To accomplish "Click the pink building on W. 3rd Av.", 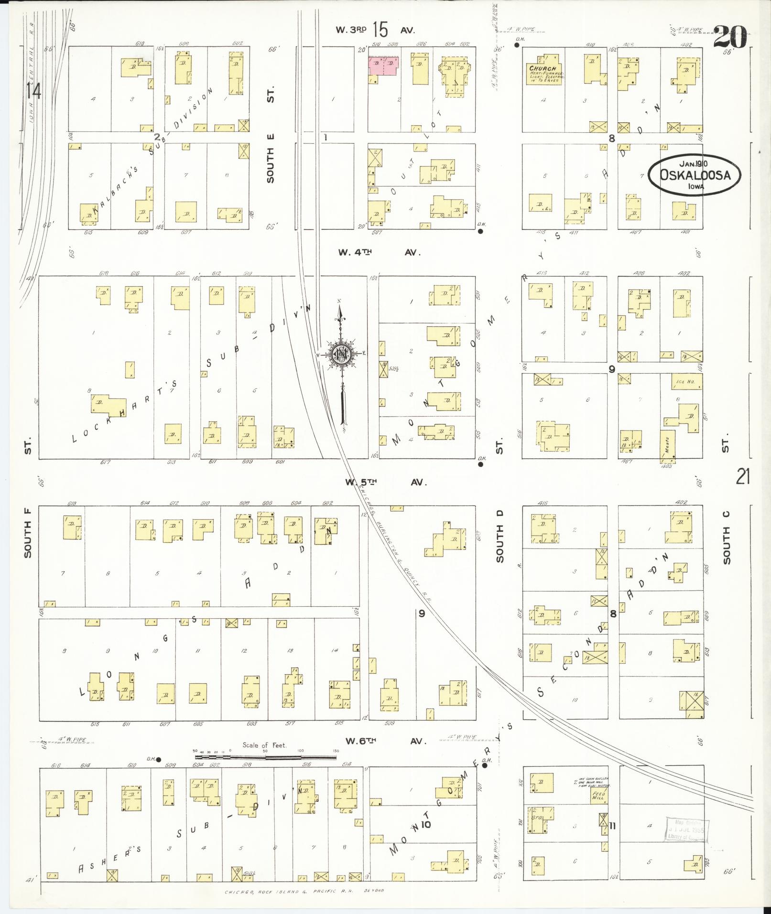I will (x=383, y=66).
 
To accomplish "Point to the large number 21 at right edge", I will (x=742, y=477).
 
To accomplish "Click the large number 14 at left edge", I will (x=33, y=91).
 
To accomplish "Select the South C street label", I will (x=727, y=538).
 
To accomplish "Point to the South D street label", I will (x=500, y=542).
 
